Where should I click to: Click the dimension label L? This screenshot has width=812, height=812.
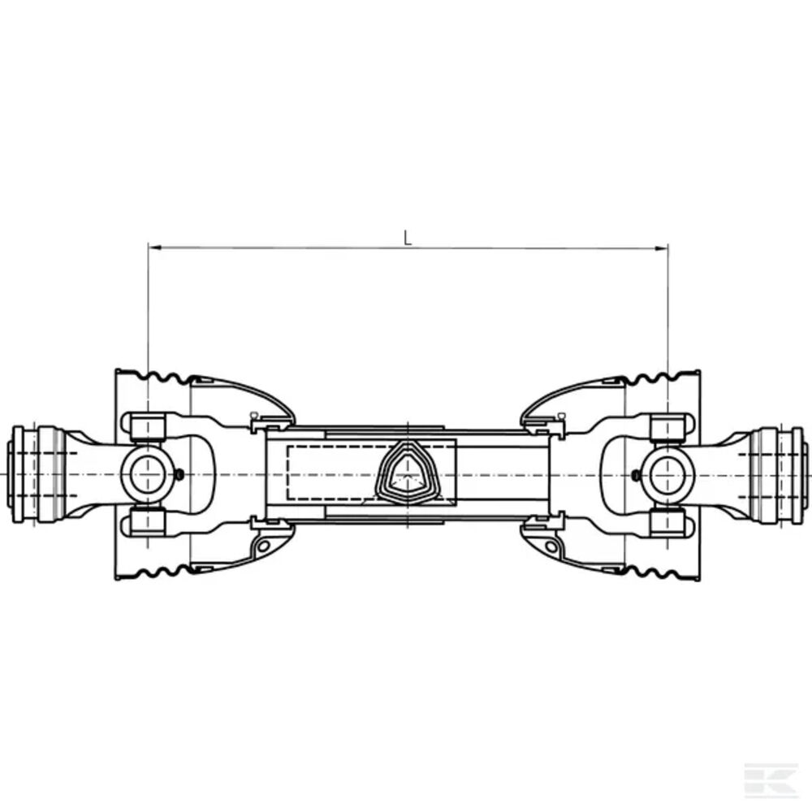click(408, 238)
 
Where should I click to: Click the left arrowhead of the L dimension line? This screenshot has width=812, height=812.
click(154, 248)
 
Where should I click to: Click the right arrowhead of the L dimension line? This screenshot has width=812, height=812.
click(662, 248)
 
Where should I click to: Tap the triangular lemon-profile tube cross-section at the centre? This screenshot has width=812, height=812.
click(408, 473)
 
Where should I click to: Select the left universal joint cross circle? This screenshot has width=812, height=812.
click(148, 474)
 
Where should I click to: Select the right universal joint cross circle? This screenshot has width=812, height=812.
click(668, 474)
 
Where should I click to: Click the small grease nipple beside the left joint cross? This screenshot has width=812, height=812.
click(179, 474)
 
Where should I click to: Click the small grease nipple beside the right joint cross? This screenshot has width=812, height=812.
click(637, 474)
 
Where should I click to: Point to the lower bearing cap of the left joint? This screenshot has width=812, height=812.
click(148, 522)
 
